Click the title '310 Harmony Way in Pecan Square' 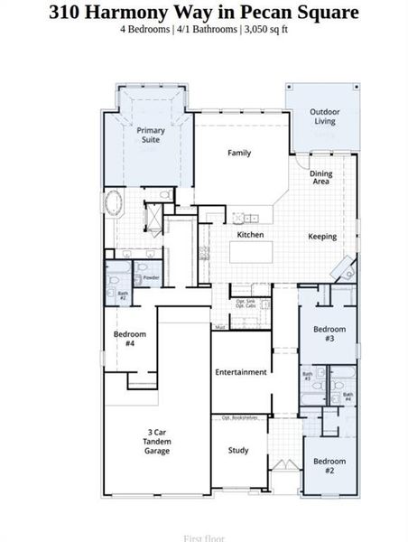pyautogui.click(x=203, y=13)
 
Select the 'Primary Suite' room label pyautogui.click(x=151, y=135)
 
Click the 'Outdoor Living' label pyautogui.click(x=325, y=117)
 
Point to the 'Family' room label pyautogui.click(x=238, y=153)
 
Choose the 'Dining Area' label pyautogui.click(x=321, y=178)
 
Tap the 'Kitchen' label pyautogui.click(x=250, y=235)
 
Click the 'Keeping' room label pyautogui.click(x=322, y=237)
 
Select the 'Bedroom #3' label pyautogui.click(x=329, y=333)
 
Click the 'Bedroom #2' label pyautogui.click(x=329, y=466)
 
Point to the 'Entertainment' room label pyautogui.click(x=240, y=372)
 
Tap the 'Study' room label pyautogui.click(x=238, y=450)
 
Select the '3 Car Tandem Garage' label pyautogui.click(x=157, y=441)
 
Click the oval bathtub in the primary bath pyautogui.click(x=116, y=203)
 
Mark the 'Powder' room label pyautogui.click(x=152, y=277)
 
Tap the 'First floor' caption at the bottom pyautogui.click(x=203, y=537)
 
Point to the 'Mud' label pyautogui.click(x=219, y=326)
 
